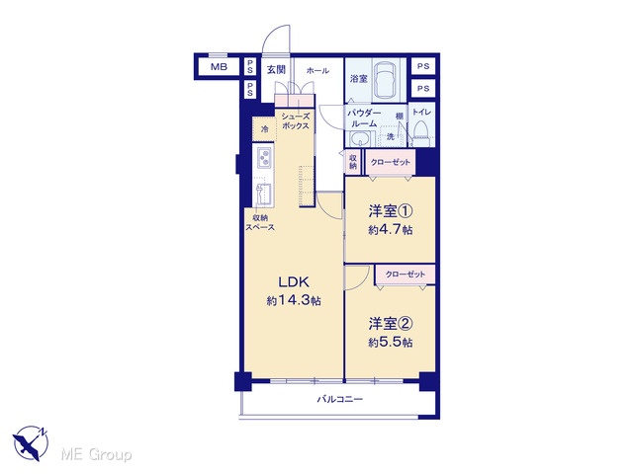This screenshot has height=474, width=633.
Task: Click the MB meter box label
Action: click(x=219, y=67)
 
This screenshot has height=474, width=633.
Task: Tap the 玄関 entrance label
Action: click(x=277, y=70)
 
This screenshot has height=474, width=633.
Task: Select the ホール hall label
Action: click(x=317, y=71)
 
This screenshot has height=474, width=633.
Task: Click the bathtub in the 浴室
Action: click(x=385, y=80)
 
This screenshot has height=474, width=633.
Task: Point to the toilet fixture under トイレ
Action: click(x=420, y=132)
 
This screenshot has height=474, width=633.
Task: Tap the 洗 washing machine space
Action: click(x=391, y=136)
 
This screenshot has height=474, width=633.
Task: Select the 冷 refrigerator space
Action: click(x=264, y=129)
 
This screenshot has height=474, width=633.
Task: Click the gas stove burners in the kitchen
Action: click(x=264, y=157)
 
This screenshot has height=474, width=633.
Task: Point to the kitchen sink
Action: click(x=263, y=195)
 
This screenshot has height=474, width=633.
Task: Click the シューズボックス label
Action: click(x=296, y=120)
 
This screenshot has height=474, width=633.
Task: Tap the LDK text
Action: click(x=294, y=282)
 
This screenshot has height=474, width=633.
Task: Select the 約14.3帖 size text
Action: click(x=294, y=300)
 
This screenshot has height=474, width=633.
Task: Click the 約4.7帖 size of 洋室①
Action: click(x=391, y=230)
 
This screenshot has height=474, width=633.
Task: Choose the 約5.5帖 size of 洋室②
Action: click(x=391, y=343)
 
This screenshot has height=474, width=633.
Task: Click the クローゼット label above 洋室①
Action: click(x=390, y=162)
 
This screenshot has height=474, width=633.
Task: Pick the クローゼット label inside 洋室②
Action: click(x=406, y=275)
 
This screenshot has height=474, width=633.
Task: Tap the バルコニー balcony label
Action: click(x=339, y=399)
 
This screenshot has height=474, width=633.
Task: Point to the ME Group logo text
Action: click(x=96, y=454)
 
